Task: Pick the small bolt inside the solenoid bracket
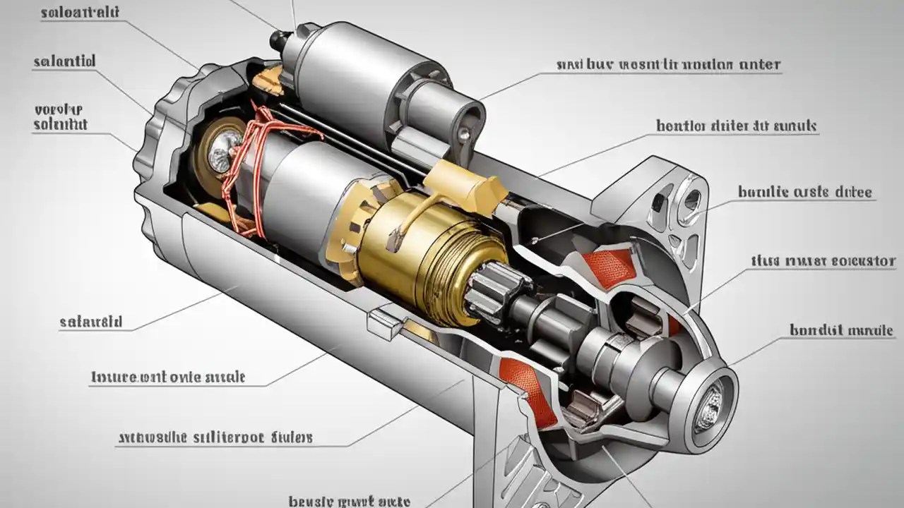[464, 132]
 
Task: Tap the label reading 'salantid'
[64, 61]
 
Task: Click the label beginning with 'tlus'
[823, 261]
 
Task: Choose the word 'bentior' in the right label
[682, 126]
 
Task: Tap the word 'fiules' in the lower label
[291, 437]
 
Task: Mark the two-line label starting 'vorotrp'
[60, 117]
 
